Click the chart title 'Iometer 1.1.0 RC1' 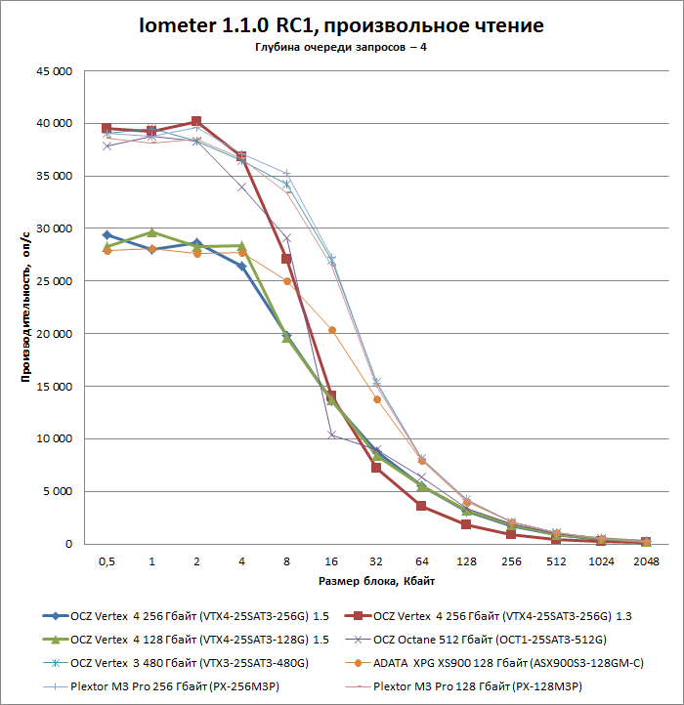click(x=341, y=24)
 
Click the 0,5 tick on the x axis click(x=107, y=562)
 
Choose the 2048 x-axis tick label click(x=646, y=562)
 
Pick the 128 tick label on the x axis click(x=466, y=562)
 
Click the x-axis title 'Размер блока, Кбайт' click(x=376, y=581)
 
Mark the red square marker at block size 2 click(x=196, y=122)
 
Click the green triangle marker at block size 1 click(x=151, y=232)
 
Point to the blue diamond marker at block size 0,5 click(x=107, y=235)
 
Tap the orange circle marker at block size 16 click(x=331, y=330)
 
